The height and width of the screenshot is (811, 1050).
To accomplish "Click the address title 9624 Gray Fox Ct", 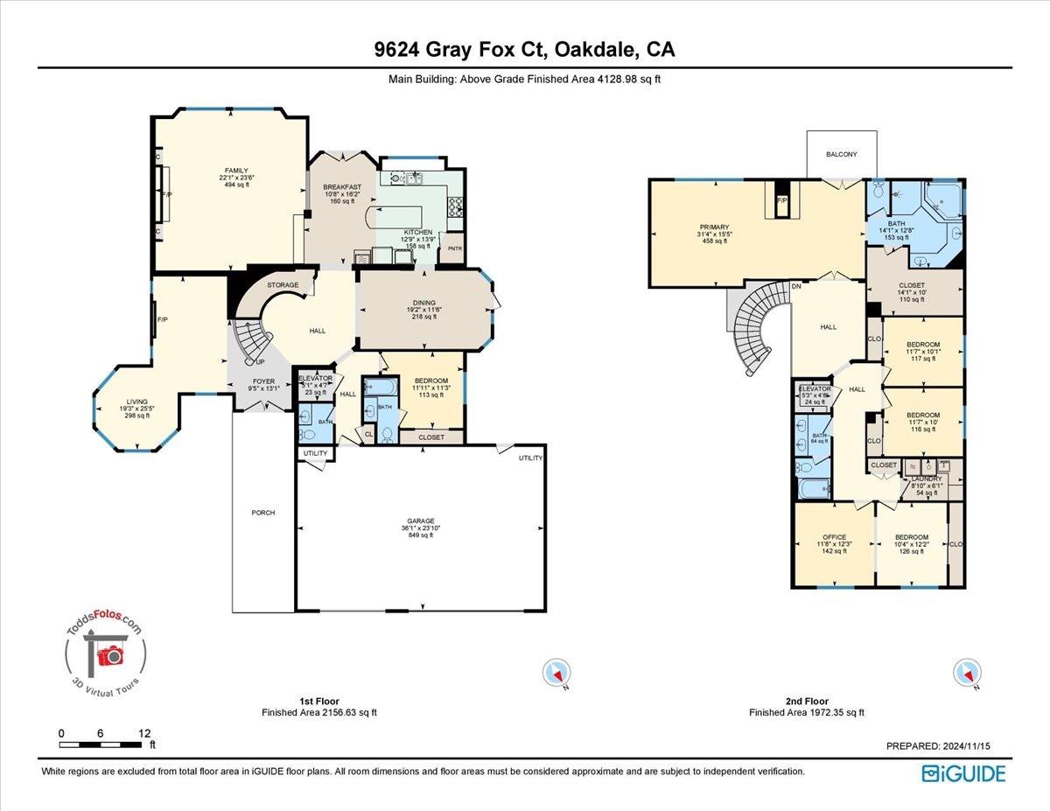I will pyautogui.click(x=524, y=51).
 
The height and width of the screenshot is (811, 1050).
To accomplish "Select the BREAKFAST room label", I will pyautogui.click(x=342, y=186).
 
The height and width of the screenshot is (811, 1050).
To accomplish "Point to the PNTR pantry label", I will pyautogui.click(x=453, y=248).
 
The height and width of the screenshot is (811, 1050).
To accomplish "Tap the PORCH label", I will pyautogui.click(x=262, y=513).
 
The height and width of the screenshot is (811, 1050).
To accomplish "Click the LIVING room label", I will pyautogui.click(x=135, y=401).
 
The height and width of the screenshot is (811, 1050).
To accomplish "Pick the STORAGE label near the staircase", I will pyautogui.click(x=283, y=285).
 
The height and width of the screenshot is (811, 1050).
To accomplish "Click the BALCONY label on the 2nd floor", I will pyautogui.click(x=841, y=155).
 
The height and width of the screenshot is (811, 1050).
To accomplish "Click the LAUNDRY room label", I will pyautogui.click(x=927, y=479).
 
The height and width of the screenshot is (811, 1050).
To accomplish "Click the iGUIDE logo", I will pyautogui.click(x=963, y=773).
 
